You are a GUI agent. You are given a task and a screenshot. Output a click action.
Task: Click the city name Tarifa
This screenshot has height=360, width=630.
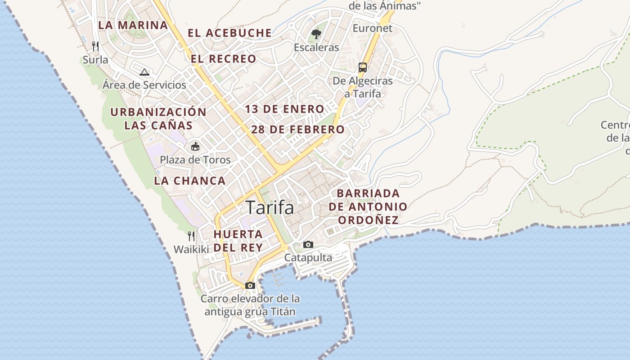click(x=270, y=208)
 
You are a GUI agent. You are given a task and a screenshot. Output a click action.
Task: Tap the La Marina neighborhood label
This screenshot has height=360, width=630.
click(x=133, y=25)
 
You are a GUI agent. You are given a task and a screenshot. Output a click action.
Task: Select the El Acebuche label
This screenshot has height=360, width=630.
click(x=229, y=33)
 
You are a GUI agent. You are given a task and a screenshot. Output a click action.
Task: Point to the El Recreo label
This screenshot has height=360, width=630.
click(x=223, y=59)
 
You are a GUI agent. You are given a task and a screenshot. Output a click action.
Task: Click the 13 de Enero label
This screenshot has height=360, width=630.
click(x=284, y=109)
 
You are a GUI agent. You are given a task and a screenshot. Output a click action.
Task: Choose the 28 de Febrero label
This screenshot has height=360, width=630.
click(x=298, y=130)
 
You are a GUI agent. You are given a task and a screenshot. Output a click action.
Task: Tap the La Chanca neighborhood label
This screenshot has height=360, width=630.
click(x=189, y=181)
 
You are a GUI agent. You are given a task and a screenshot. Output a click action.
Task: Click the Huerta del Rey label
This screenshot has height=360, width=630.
click(x=238, y=241)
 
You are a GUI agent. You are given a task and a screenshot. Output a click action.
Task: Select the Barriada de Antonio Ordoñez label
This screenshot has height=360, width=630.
click(x=368, y=207)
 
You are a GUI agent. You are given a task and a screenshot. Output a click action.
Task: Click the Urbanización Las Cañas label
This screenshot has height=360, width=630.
click(x=158, y=118)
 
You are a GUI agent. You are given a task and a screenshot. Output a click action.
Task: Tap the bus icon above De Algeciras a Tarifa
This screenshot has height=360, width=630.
click(x=363, y=67)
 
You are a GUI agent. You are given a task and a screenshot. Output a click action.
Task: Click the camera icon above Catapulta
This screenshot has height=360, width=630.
click(x=308, y=244)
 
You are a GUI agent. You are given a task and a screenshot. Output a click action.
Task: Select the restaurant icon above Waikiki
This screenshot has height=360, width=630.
click(x=191, y=236)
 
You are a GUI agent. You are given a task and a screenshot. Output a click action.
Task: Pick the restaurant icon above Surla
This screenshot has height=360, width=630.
click(x=95, y=46)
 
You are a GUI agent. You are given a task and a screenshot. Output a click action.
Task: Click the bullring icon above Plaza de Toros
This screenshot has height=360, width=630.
click(x=195, y=146)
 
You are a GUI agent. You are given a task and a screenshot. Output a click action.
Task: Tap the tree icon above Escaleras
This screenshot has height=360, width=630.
click(x=316, y=34)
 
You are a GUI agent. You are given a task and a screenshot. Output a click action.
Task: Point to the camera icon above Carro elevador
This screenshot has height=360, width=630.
click(x=250, y=285)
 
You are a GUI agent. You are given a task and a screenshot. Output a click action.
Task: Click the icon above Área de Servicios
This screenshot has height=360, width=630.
click(x=144, y=72)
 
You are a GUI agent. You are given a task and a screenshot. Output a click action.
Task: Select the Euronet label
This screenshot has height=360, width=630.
click(x=373, y=28)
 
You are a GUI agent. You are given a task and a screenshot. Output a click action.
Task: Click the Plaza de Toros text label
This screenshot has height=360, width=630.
click(x=195, y=160)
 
